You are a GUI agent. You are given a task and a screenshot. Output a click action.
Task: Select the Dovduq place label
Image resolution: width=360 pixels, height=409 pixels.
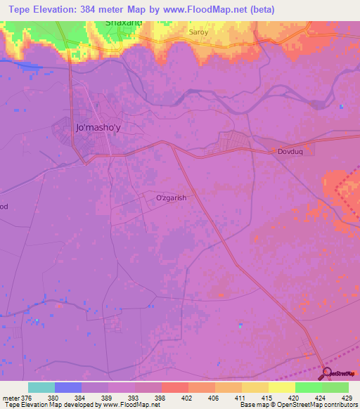[x=292, y=150]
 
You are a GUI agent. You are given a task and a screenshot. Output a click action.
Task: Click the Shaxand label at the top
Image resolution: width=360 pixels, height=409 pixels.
[x=124, y=22]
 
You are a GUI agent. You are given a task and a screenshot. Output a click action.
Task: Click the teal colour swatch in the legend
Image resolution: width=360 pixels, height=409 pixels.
[x=41, y=387]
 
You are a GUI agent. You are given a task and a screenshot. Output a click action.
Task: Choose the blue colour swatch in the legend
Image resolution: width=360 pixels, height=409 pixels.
[x=68, y=387]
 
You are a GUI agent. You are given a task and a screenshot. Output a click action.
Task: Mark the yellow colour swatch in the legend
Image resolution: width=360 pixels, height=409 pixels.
[x=282, y=387]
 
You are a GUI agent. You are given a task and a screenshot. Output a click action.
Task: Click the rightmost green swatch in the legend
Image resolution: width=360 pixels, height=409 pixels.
[x=335, y=387]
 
